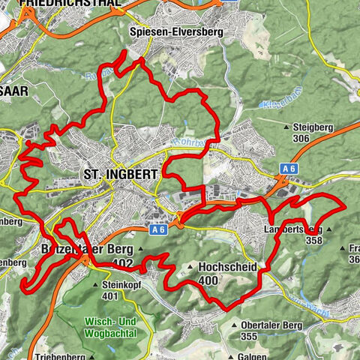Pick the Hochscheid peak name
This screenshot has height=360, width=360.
click(x=228, y=267)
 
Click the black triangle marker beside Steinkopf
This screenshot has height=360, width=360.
click(x=95, y=286)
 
